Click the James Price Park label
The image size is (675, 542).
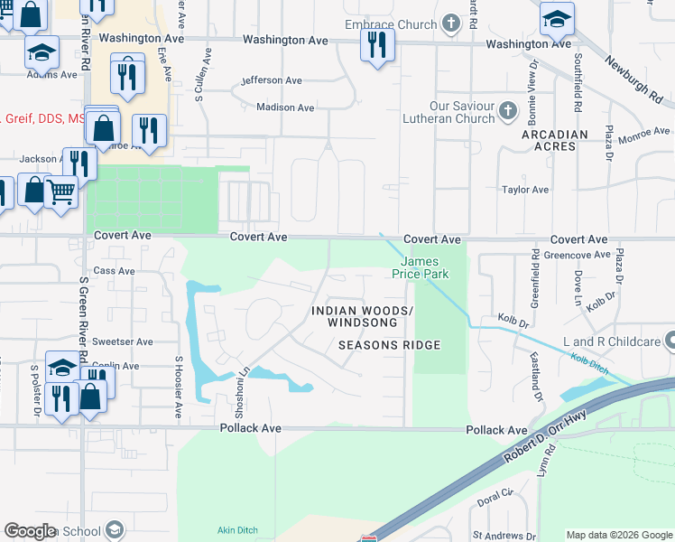(x=424, y=267)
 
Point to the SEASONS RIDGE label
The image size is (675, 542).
(x=389, y=345)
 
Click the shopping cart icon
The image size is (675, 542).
(x=60, y=191)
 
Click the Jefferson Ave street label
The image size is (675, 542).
(x=272, y=80)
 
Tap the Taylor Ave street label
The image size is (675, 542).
(x=525, y=190)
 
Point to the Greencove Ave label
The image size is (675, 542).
(x=577, y=256)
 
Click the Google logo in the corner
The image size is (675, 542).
(x=30, y=531)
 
